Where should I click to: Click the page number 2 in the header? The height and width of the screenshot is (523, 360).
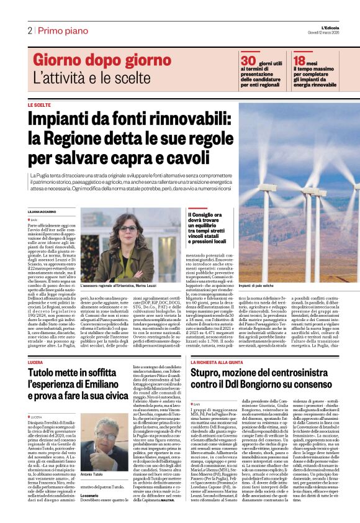(29, 30)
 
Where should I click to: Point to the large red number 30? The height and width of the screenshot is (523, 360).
(249, 60)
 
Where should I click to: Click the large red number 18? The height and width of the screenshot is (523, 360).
(300, 60)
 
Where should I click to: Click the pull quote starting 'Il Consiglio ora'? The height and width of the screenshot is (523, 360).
(210, 228)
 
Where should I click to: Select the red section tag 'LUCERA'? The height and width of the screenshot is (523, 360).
(37, 344)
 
